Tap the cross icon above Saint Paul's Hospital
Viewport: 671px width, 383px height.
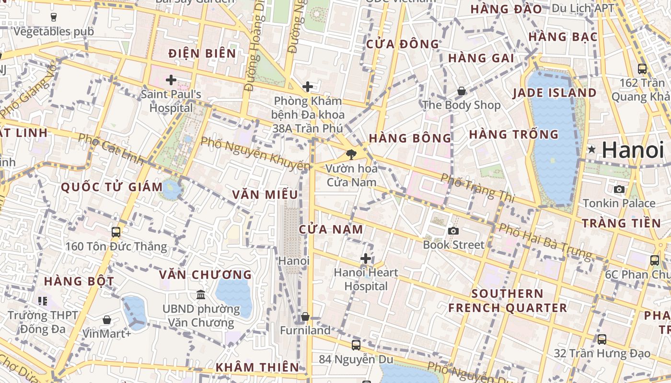click(171, 80)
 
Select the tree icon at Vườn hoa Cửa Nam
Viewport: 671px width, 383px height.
click(351, 154)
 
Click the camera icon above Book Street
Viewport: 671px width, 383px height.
click(453, 231)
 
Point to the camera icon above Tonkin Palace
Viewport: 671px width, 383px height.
click(619, 189)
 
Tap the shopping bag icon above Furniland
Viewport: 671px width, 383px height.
click(305, 316)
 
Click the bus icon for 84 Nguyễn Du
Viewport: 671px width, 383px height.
click(356, 345)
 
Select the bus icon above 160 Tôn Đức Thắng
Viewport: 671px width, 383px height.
click(116, 232)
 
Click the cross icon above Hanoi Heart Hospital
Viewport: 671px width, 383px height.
click(366, 259)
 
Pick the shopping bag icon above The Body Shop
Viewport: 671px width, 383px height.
click(461, 90)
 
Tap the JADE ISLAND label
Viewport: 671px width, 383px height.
click(555, 93)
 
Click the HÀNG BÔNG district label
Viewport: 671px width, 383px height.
click(410, 138)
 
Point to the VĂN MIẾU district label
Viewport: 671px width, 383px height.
click(265, 194)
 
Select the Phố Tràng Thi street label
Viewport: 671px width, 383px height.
click(476, 188)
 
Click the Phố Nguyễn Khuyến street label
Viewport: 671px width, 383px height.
click(255, 154)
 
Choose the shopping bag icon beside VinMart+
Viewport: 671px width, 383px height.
click(107, 319)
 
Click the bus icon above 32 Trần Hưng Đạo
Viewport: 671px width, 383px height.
click(602, 339)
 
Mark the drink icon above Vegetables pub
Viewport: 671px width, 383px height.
click(53, 17)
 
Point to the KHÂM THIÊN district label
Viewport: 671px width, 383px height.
click(257, 367)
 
